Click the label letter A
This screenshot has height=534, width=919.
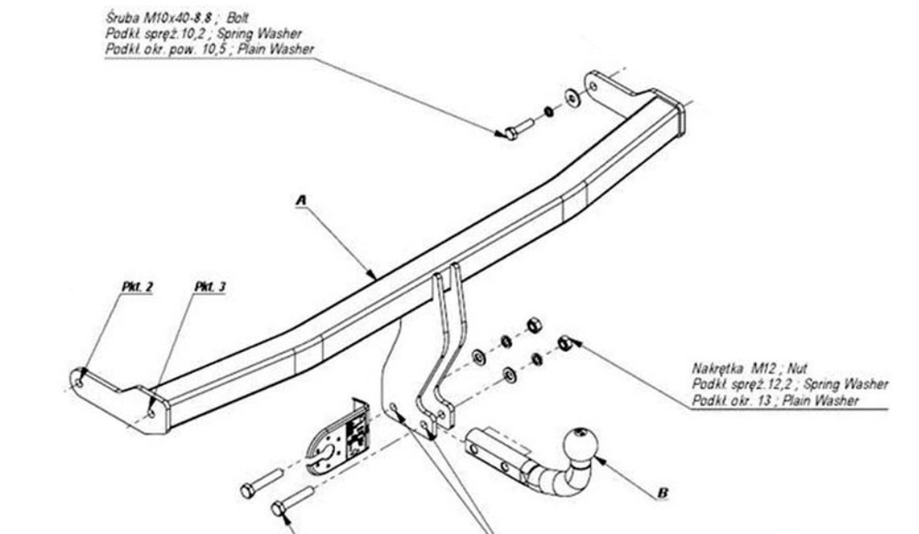tap(302, 201)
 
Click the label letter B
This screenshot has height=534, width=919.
tap(663, 493)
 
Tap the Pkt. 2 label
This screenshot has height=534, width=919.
tap(137, 287)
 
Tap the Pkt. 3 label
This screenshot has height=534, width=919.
tap(210, 287)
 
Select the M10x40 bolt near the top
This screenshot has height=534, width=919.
tap(518, 129)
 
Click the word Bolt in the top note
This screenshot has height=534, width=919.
tap(237, 17)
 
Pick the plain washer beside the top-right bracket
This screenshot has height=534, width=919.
tap(571, 97)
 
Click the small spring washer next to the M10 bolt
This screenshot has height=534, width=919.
tap(549, 111)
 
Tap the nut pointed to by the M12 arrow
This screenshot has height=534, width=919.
tap(565, 343)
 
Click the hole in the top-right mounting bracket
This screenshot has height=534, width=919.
tap(593, 87)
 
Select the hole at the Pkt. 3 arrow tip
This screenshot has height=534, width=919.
tap(152, 414)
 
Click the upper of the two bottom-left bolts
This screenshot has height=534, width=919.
tap(261, 483)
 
